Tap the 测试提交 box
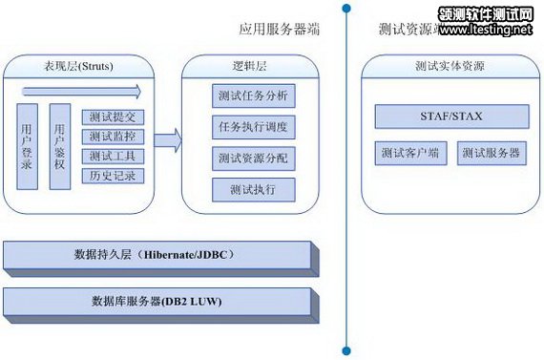pyautogui.click(x=113, y=116)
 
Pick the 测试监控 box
pyautogui.click(x=113, y=137)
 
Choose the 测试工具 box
pyautogui.click(x=113, y=156)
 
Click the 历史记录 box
pyautogui.click(x=113, y=176)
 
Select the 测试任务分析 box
pyautogui.click(x=253, y=96)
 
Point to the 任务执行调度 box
pyautogui.click(x=253, y=127)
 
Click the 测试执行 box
pyautogui.click(x=253, y=189)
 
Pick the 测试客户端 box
pyautogui.click(x=408, y=153)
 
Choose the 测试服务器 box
pyautogui.click(x=492, y=153)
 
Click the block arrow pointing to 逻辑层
pyautogui.click(x=166, y=140)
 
